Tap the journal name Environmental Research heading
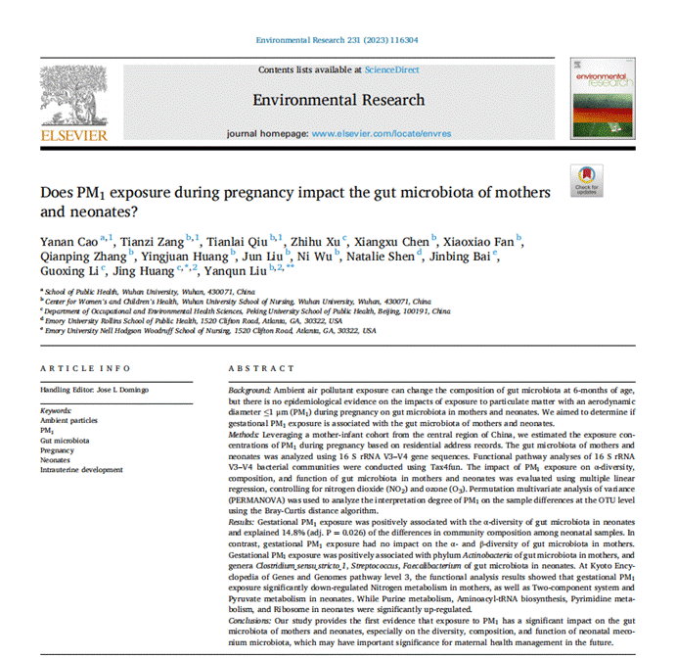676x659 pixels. [x=338, y=100]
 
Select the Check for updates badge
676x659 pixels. [x=587, y=179]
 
